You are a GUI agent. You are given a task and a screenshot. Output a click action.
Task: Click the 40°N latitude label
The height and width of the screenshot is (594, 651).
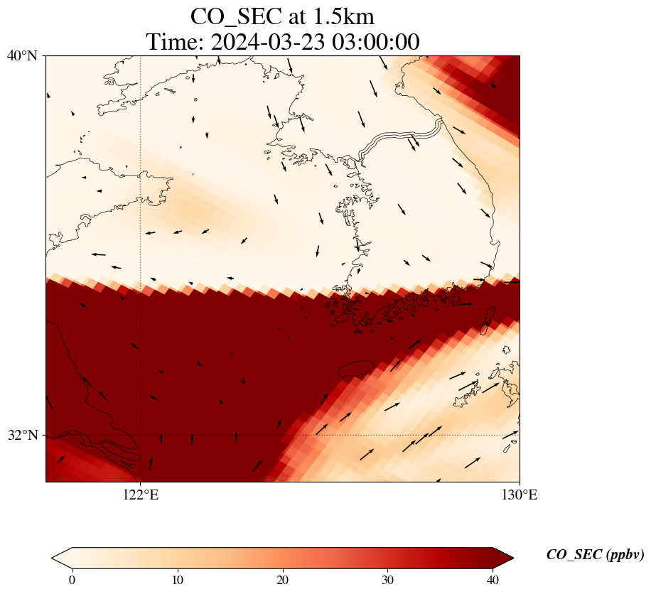point(22,55)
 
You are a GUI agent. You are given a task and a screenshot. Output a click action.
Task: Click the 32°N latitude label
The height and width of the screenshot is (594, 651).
point(22,436)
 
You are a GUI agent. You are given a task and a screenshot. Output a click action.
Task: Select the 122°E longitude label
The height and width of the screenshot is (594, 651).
point(141,495)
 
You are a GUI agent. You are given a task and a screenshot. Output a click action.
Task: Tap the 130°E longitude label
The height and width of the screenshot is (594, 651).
point(520,495)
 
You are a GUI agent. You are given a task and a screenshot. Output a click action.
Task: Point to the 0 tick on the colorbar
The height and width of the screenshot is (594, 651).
point(72,580)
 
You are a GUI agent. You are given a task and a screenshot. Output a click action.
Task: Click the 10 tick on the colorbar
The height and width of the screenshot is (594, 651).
point(177,580)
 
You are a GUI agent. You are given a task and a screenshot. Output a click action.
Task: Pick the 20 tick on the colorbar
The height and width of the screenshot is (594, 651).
point(282,580)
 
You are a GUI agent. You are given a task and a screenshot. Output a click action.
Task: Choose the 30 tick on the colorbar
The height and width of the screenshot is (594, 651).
point(387,580)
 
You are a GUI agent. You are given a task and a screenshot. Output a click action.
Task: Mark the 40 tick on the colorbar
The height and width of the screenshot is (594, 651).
point(493,580)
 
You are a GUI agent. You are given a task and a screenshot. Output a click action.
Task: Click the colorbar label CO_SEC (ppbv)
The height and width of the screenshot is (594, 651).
point(595,555)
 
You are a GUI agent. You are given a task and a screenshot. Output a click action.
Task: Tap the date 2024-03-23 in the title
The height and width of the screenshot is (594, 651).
point(267,42)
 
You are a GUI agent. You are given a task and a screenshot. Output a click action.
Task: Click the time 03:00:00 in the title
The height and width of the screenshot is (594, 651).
point(376,42)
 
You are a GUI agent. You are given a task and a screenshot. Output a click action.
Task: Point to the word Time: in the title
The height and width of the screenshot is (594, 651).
point(176,42)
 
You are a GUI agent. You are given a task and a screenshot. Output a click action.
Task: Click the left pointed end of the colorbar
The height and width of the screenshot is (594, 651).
point(52,558)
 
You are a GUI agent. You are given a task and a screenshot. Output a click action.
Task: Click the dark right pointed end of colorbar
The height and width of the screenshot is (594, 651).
point(513,558)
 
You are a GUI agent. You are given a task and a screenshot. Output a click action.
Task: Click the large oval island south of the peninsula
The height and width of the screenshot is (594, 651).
point(357,369)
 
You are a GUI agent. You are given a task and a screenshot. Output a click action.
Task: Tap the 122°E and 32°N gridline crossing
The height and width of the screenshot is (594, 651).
point(141,436)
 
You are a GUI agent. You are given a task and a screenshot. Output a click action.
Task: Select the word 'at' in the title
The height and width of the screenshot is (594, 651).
point(296,18)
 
